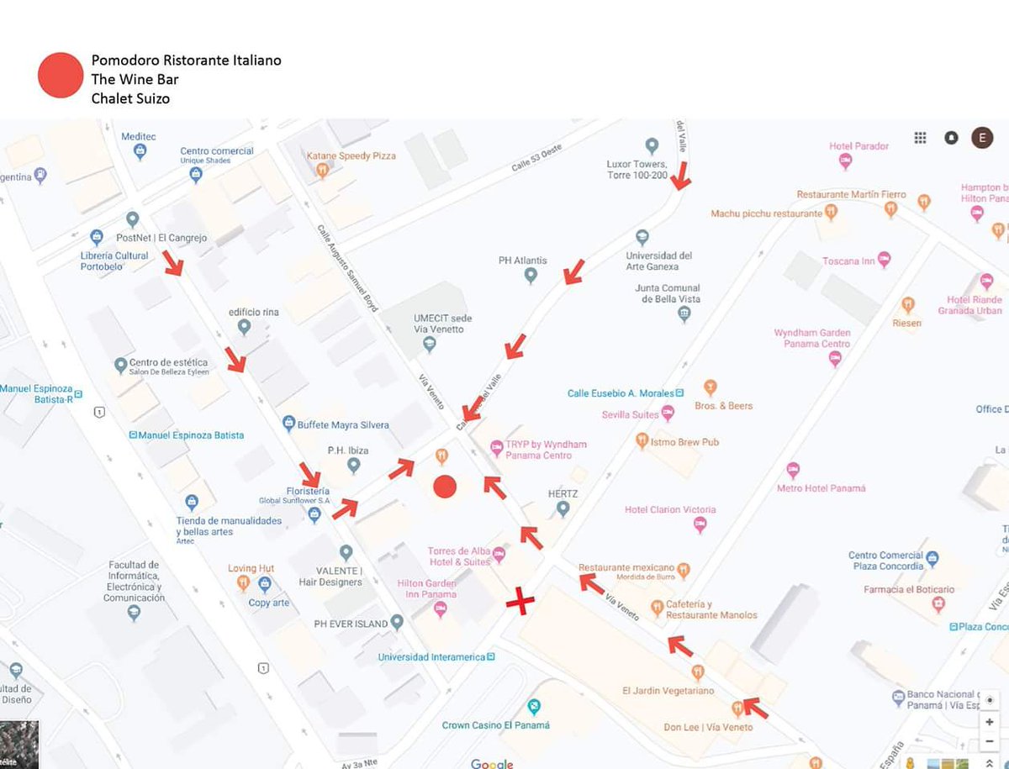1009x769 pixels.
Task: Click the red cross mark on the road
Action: point(520,602)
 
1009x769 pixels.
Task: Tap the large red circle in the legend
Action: point(61,76)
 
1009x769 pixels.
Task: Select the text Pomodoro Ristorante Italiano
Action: point(186,61)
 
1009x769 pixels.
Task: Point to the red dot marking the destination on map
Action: point(444,486)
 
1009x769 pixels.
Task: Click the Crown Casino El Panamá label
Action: point(496,724)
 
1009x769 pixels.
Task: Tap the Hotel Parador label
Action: point(858,146)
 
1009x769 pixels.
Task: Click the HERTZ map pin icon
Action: point(563,508)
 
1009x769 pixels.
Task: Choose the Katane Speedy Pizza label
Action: point(351,156)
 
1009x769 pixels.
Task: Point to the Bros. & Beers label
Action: point(723,406)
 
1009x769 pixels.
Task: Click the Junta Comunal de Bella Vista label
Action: point(667,293)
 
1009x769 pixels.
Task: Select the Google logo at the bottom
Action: point(492,763)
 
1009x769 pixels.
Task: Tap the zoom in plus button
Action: point(990,722)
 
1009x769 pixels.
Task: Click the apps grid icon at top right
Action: point(921,138)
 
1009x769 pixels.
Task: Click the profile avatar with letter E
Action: point(982,138)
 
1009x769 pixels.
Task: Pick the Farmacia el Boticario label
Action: point(909,590)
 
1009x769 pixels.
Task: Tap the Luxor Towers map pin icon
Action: point(651,145)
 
